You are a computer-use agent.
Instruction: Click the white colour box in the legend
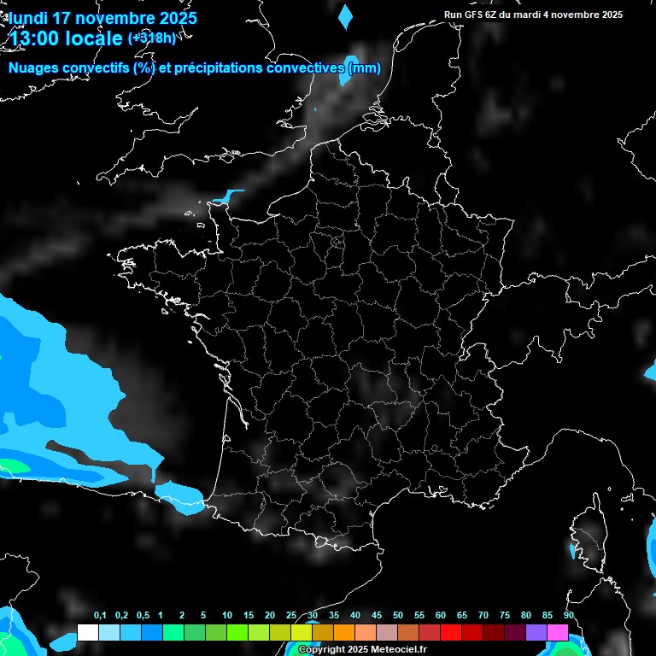87,633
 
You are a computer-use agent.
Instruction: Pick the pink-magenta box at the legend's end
558,633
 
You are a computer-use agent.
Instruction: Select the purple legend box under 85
536,633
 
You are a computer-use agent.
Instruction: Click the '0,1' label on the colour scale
100,616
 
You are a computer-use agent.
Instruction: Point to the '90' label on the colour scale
569,616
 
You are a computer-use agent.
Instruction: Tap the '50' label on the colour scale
398,616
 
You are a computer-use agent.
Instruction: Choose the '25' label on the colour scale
291,616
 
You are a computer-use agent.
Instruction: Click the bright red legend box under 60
451,633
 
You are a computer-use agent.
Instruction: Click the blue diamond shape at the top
345,16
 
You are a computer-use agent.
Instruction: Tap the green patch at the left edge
12,466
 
